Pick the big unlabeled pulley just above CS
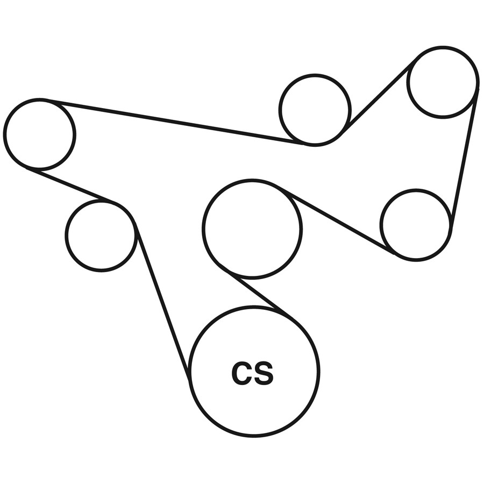click(x=252, y=229)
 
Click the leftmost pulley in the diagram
click(x=39, y=134)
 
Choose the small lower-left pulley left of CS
click(x=101, y=235)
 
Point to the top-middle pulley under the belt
click(x=315, y=110)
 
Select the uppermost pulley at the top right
click(x=443, y=82)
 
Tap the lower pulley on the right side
click(x=416, y=225)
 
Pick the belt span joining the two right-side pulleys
click(x=464, y=156)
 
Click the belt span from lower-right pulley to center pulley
click(x=333, y=218)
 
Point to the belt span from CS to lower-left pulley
click(x=163, y=301)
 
